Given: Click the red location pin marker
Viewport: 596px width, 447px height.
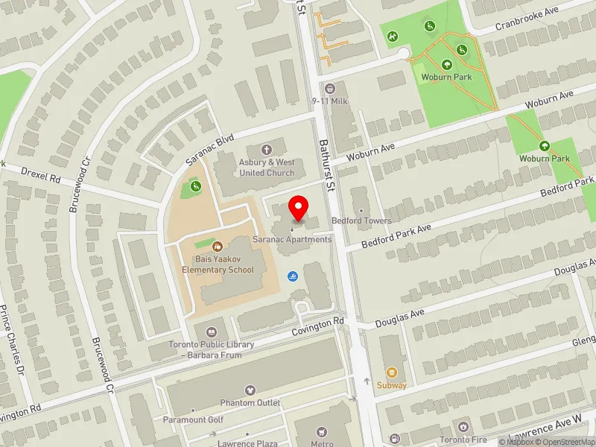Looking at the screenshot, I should coord(299,208).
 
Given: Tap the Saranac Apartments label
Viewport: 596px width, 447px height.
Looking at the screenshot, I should coord(292,239).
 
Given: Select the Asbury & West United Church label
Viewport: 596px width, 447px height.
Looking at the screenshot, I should coord(267,168).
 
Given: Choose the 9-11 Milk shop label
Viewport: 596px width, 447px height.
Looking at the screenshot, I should coord(329,101).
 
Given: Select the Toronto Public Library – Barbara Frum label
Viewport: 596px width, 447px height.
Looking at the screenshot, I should coord(211,349).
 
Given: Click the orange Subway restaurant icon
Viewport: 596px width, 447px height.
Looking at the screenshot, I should coord(392,372).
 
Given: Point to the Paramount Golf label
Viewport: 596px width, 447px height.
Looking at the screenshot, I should coord(193,419).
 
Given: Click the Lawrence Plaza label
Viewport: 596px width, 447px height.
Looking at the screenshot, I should coord(247,443).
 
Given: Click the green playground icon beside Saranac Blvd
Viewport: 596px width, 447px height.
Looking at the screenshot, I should coord(195,186).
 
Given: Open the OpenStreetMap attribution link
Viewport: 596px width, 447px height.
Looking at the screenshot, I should coord(564,442).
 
